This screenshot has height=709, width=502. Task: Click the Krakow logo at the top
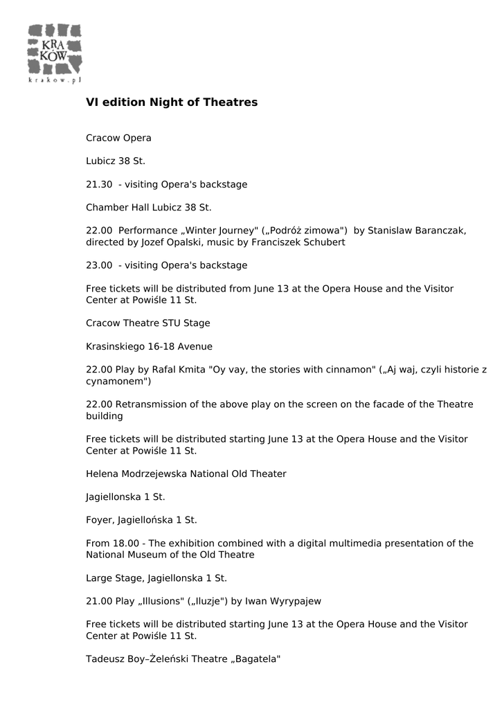pyautogui.click(x=55, y=53)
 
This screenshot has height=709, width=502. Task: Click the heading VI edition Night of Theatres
pyautogui.click(x=171, y=102)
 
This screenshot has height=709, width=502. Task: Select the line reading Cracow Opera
pyautogui.click(x=118, y=138)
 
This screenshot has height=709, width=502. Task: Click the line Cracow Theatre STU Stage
pyautogui.click(x=147, y=323)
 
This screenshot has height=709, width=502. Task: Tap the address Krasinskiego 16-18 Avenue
pyautogui.click(x=149, y=346)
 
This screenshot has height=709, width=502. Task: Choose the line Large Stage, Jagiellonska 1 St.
pyautogui.click(x=156, y=578)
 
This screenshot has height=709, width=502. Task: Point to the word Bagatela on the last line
pyautogui.click(x=255, y=659)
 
